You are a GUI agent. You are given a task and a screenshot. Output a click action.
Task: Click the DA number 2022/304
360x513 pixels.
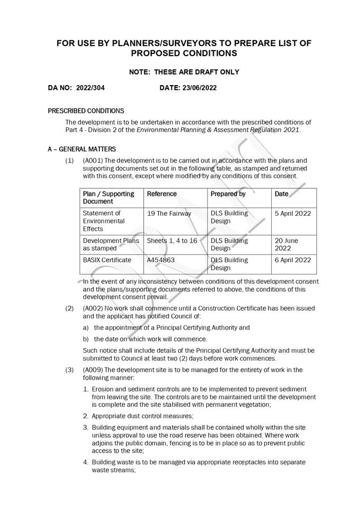pos(90,88)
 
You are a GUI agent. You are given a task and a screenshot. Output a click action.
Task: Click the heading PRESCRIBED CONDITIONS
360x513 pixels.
pos(86,111)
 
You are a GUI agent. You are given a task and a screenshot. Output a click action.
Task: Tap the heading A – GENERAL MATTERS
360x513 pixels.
pos(81,150)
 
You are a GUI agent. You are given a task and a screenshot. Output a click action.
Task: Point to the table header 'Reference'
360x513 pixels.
pos(162,194)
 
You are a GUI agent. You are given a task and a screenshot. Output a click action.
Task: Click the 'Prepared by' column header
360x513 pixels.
pos(228,194)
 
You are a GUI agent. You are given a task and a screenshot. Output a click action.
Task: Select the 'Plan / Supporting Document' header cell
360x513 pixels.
pos(108,198)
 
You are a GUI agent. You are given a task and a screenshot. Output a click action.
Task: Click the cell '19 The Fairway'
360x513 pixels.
pos(169,214)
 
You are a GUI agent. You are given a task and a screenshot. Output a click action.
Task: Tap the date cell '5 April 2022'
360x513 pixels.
pos(293,214)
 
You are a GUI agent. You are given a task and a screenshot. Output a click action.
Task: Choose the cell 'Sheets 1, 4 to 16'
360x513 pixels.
pos(172,241)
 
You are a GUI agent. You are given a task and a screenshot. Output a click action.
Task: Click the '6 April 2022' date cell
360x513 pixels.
pos(293,260)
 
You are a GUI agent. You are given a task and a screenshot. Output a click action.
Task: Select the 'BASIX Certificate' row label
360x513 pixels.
pos(107,260)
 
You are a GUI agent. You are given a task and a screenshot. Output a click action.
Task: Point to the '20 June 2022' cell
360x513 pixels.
pos(287,244)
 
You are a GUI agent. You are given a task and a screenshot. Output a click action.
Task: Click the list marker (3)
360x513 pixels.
pos(70,370)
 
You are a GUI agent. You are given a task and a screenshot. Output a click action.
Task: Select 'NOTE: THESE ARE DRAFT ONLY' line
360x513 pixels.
pos(184,72)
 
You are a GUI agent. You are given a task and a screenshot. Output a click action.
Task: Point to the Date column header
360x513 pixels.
pos(282,194)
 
